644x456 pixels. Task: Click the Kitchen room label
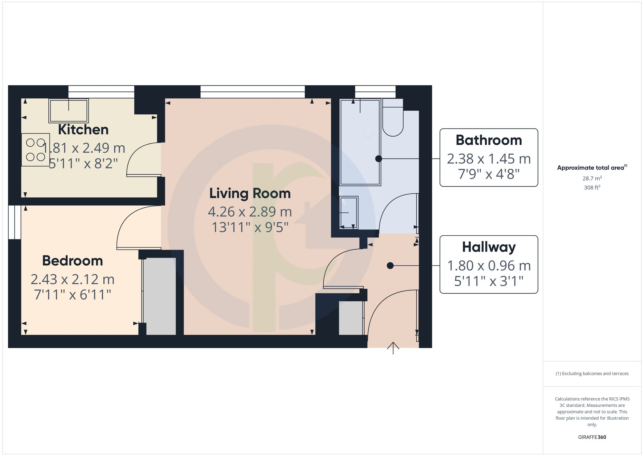coord(83,130)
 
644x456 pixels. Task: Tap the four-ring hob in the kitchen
coord(35,150)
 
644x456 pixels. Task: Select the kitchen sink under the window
coord(69,111)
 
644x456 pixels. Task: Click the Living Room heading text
coord(250,193)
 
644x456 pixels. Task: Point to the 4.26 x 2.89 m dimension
coord(250,212)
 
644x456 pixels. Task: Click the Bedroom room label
coord(72,261)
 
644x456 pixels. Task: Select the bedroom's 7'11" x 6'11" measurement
coord(72,295)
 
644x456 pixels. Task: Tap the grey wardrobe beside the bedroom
coord(160,296)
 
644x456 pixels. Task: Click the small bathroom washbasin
coord(349,212)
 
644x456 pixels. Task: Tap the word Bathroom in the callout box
coord(488,140)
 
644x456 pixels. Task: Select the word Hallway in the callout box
coord(488,247)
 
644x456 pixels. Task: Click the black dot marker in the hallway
coord(390,266)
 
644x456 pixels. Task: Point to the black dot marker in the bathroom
coord(379,159)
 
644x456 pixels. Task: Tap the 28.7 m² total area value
coord(592,178)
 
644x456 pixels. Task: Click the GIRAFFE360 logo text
coord(592,437)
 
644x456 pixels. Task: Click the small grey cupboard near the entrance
coord(351,318)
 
